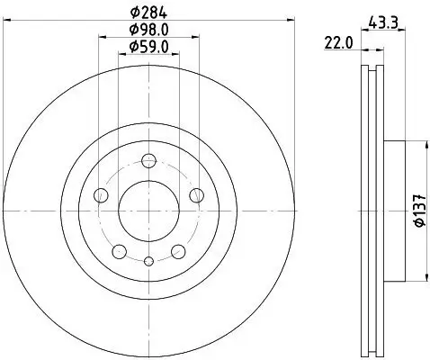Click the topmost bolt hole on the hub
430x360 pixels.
point(149,161)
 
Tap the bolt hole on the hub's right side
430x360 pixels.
point(197,196)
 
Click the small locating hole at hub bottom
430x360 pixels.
point(149,261)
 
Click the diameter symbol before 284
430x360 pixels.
point(134,13)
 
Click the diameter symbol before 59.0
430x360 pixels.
point(132,46)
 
